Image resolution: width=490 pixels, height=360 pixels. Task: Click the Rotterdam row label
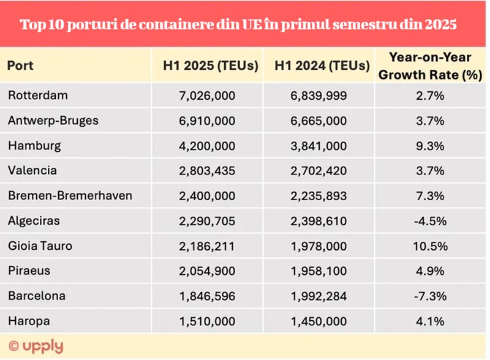pyautogui.click(x=38, y=96)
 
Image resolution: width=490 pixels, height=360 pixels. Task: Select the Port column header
pyautogui.click(x=20, y=66)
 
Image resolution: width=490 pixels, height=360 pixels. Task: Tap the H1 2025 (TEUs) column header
pyautogui.click(x=210, y=66)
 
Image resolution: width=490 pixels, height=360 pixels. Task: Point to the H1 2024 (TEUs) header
pyautogui.click(x=322, y=66)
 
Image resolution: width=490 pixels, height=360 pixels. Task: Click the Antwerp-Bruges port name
pyautogui.click(x=53, y=121)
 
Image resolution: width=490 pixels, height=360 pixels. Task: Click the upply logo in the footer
pyautogui.click(x=36, y=346)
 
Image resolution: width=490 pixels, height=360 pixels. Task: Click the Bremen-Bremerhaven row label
pyautogui.click(x=70, y=196)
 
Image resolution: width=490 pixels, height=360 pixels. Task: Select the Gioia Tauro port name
pyautogui.click(x=40, y=246)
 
